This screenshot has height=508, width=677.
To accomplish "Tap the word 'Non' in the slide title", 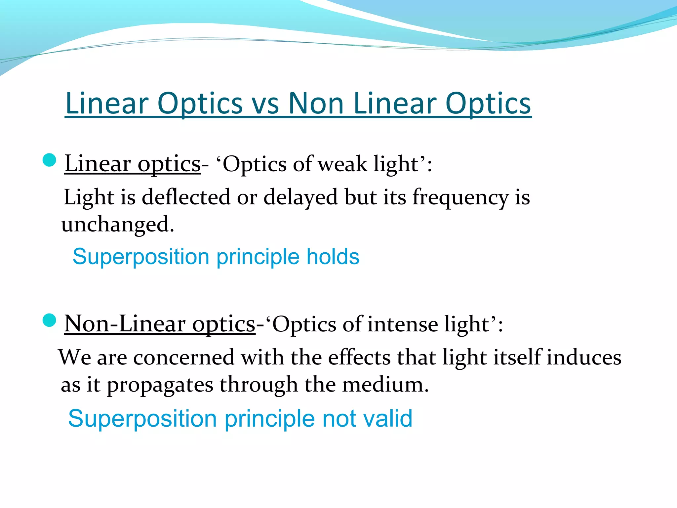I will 316,104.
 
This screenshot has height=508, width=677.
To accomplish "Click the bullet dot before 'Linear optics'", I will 50,160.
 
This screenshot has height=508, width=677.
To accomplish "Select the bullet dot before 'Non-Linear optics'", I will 50,320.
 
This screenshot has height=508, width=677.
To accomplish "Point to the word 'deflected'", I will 186,197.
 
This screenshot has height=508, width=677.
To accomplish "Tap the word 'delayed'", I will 300,197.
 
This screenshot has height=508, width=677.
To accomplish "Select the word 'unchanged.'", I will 117,225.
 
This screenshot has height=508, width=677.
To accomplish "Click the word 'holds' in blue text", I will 333,257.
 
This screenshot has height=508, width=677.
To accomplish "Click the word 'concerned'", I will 183,358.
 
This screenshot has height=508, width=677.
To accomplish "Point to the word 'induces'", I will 583,358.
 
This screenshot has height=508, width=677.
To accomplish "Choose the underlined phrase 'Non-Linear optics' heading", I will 160,324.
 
